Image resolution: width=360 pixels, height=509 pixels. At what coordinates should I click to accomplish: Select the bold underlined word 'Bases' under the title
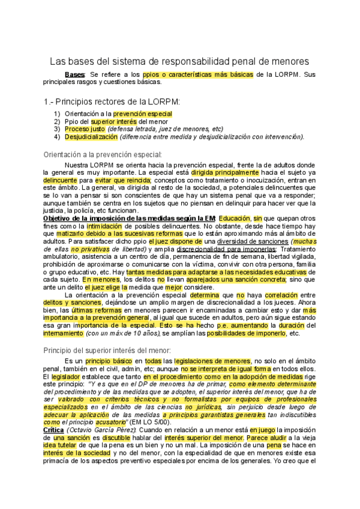click(x=75, y=74)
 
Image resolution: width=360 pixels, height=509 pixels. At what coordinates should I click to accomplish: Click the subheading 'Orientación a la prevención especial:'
click(x=102, y=154)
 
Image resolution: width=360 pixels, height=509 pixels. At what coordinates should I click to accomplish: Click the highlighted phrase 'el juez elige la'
click(x=114, y=288)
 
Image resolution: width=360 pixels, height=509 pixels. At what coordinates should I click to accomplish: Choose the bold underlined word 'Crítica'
click(x=57, y=430)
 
